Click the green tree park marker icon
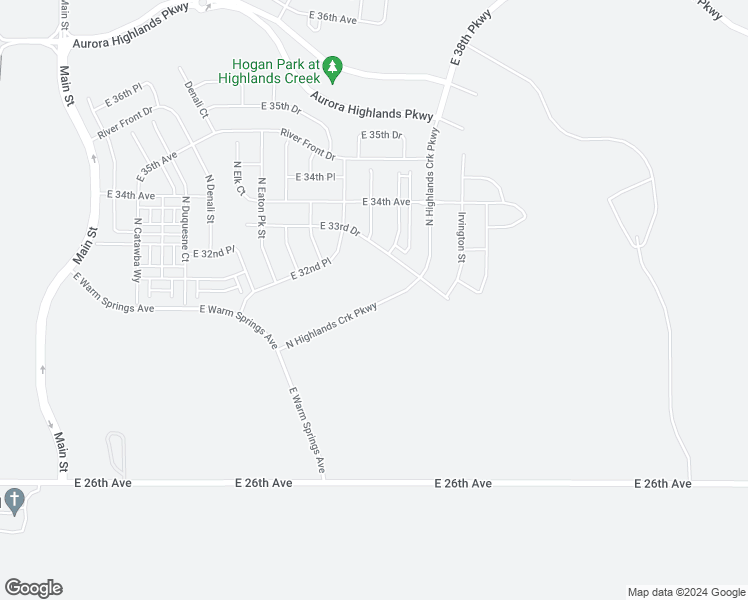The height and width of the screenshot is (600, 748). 333,69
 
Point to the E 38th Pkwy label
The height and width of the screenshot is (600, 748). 471,39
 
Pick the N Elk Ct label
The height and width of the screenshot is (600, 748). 238,178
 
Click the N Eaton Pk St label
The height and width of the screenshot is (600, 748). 261,207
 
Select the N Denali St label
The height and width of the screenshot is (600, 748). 210,199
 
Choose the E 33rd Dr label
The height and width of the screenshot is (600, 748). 340,228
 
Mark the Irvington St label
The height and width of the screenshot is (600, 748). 462,237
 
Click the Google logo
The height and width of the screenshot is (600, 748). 33,588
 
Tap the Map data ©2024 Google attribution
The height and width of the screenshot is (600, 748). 686,592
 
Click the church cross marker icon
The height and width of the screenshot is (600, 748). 13,498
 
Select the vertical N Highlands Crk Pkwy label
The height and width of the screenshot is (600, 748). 431,177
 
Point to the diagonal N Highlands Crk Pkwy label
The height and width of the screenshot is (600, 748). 331,326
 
